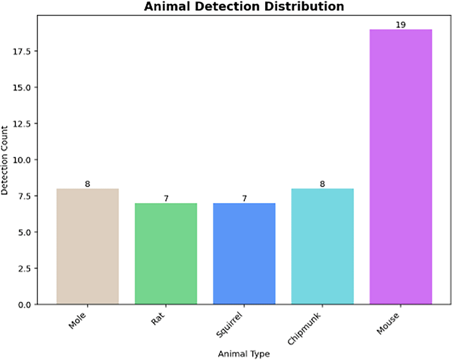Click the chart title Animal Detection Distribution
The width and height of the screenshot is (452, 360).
(x=244, y=7)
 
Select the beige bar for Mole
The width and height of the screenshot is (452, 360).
(x=88, y=246)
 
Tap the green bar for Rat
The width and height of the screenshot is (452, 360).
(x=166, y=253)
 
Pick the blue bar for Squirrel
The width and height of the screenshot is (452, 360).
(x=244, y=253)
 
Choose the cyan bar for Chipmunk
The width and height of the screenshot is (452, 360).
(x=322, y=246)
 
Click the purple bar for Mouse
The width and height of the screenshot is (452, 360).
(x=401, y=167)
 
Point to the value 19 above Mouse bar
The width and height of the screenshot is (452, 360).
(x=401, y=25)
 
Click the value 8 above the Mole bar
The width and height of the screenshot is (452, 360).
(x=87, y=184)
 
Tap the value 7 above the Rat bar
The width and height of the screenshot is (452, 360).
(x=166, y=199)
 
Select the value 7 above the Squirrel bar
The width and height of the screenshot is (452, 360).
(x=244, y=199)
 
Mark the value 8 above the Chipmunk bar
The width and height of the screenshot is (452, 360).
(x=322, y=184)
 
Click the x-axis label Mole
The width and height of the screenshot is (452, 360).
(x=77, y=320)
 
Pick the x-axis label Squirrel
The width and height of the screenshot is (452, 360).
(x=229, y=325)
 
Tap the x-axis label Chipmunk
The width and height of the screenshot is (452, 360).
(x=304, y=329)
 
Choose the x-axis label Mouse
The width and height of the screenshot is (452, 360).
(x=388, y=324)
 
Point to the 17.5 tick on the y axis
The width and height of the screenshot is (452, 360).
(x=22, y=51)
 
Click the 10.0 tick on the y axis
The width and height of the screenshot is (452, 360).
(x=22, y=160)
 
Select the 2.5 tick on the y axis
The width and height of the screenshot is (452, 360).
(x=24, y=269)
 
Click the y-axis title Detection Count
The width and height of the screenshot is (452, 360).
(x=4, y=160)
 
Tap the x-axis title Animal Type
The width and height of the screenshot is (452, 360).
(x=244, y=354)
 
